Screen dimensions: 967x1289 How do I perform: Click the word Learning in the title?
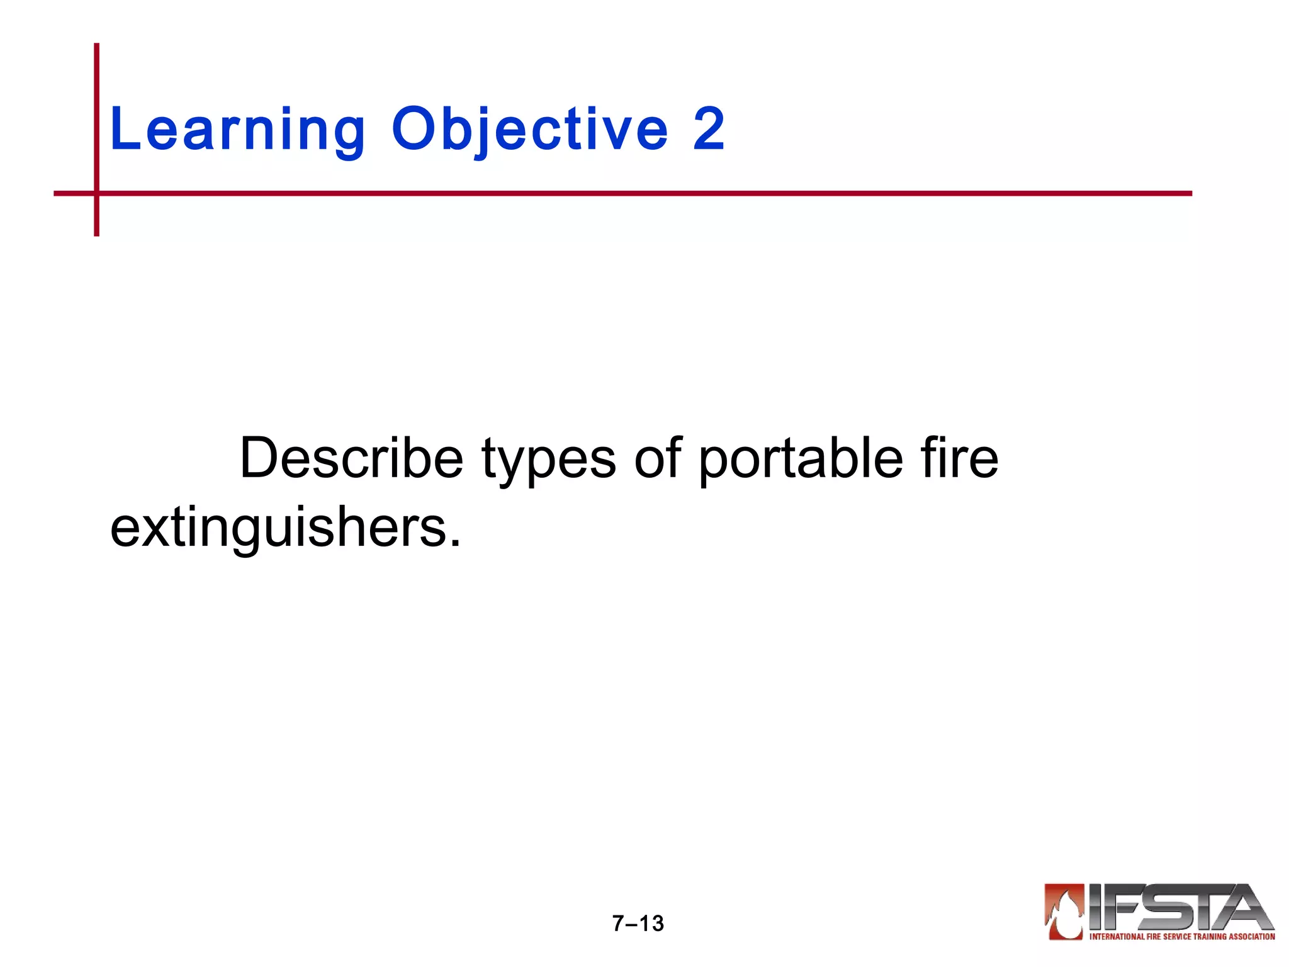[237, 130]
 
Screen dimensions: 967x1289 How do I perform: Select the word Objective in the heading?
[529, 130]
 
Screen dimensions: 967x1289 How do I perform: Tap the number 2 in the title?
[709, 129]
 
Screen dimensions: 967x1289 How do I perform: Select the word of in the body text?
[658, 458]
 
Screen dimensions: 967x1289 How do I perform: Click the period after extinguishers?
[455, 543]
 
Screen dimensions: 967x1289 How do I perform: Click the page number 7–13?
[638, 923]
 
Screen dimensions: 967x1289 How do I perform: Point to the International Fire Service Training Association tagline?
[1181, 937]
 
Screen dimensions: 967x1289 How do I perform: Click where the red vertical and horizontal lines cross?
[97, 193]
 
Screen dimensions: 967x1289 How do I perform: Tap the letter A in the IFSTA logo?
[1243, 907]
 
